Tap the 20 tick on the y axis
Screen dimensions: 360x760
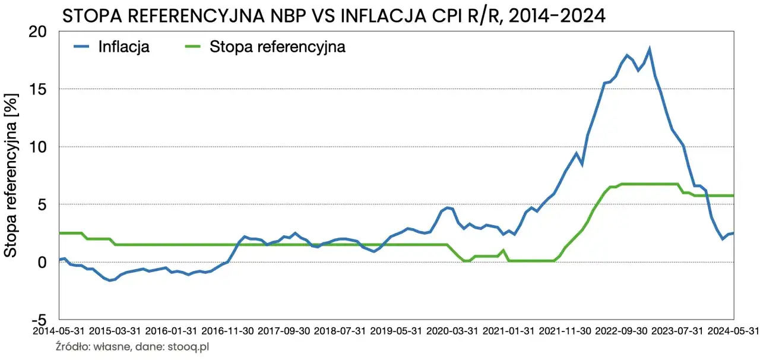coord(43,32)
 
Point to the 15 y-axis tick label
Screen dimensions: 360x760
coord(43,89)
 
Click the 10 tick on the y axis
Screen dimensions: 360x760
coord(43,147)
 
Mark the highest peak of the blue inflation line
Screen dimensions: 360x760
coord(650,49)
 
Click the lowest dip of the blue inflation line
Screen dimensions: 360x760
coord(110,280)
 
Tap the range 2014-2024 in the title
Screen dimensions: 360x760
coord(555,16)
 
